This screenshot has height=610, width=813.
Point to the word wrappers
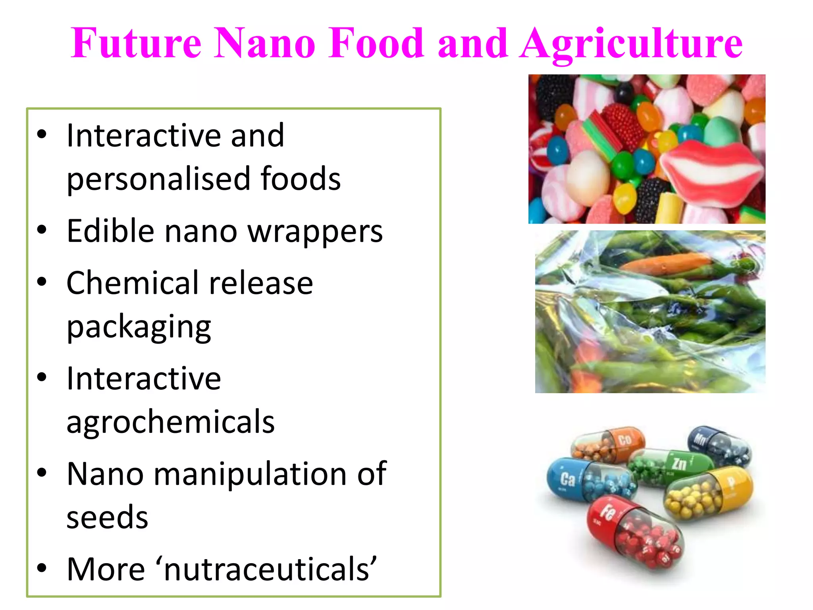pos(315,231)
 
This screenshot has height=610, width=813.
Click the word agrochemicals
pos(171,422)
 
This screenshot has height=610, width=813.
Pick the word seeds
pos(107,518)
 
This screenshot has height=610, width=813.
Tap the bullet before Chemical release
pos(42,282)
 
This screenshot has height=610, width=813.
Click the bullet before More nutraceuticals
pos(42,568)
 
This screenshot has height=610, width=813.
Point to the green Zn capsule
pos(671,467)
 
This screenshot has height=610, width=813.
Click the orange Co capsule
pos(609,445)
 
